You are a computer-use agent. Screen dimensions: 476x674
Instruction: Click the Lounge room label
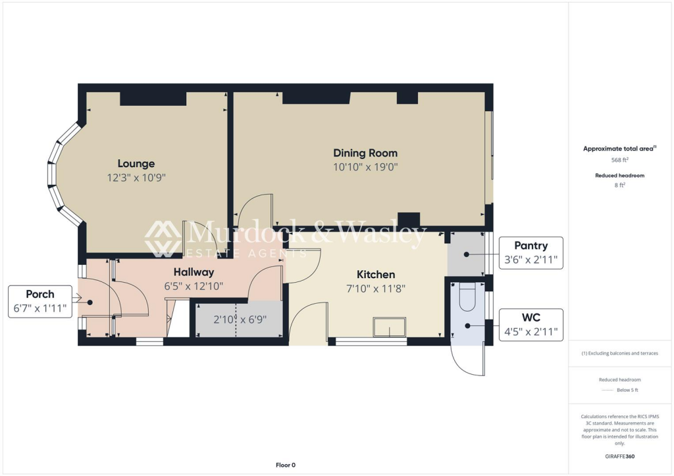[x=136, y=164]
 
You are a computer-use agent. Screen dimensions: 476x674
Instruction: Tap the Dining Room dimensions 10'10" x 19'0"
[x=365, y=167]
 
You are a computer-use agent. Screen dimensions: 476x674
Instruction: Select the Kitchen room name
[x=376, y=274]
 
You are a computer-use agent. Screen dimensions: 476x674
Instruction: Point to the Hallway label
[x=194, y=272]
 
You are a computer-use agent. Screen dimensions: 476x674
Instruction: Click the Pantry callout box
[x=531, y=253]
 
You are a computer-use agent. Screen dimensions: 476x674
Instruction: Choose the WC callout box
[x=531, y=325]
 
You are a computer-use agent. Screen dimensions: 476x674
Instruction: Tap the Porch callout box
[x=39, y=302]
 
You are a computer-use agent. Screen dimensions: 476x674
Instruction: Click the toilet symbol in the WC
[x=467, y=298]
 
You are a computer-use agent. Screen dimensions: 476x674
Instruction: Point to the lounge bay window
[x=59, y=174]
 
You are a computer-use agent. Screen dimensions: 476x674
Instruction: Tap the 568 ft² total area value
[x=619, y=160]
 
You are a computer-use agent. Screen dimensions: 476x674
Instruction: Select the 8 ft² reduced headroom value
[x=619, y=185]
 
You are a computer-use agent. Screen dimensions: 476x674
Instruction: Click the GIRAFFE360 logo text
[x=619, y=456]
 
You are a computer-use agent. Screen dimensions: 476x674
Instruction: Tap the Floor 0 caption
[x=286, y=465]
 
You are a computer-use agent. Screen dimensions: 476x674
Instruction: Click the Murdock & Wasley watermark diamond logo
[x=163, y=238]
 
